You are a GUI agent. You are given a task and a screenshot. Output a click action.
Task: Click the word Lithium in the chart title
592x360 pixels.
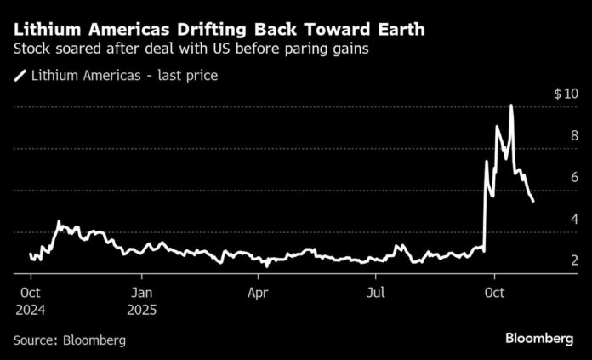click(43, 30)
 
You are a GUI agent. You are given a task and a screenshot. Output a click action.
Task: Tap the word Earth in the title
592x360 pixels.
click(397, 30)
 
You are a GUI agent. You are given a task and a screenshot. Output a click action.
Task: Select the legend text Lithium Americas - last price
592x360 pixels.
click(124, 77)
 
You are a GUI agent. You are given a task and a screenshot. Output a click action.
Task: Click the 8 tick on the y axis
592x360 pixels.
click(575, 135)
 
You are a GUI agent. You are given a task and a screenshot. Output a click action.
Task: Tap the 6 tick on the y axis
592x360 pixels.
click(575, 177)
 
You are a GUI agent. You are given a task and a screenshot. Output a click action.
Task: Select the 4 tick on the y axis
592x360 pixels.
click(575, 219)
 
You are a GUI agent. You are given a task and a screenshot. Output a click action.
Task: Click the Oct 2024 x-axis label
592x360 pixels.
click(30, 300)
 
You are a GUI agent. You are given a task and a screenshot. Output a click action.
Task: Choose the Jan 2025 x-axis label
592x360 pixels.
click(142, 300)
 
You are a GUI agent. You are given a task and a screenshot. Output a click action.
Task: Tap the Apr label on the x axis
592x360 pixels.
click(258, 292)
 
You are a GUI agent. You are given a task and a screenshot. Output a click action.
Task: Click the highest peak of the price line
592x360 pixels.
click(511, 106)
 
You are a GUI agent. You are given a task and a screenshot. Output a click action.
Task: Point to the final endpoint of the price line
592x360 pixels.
click(532, 202)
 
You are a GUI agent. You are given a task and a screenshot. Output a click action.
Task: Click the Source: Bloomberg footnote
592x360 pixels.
click(70, 340)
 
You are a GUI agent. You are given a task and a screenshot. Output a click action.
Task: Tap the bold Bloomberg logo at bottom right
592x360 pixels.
click(539, 339)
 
